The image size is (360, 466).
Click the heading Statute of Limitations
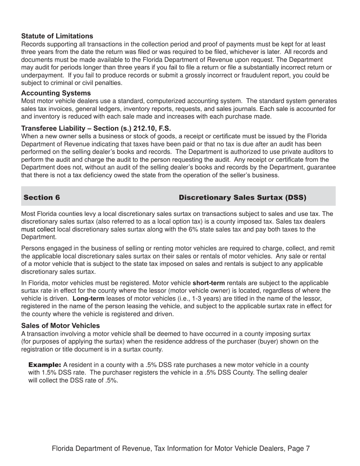point(57,36)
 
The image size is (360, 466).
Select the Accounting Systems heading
point(56,93)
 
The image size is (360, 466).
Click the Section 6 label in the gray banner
point(42,197)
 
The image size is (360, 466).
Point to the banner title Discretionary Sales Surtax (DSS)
point(242,197)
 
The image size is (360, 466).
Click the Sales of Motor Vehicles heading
point(61,325)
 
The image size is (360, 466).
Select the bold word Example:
point(45,365)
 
